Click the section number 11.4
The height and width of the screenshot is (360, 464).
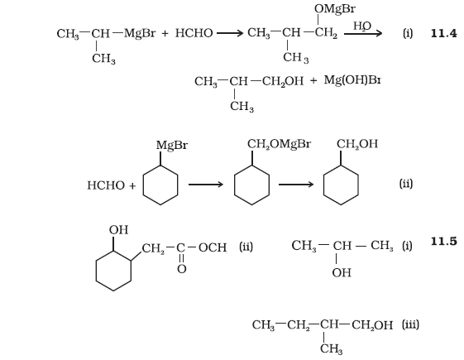click(x=444, y=33)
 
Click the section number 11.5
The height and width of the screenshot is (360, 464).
click(x=444, y=242)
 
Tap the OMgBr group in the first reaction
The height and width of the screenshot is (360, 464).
click(x=335, y=9)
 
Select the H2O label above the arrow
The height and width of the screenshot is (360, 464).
click(x=362, y=26)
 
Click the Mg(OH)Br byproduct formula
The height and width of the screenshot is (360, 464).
click(x=352, y=80)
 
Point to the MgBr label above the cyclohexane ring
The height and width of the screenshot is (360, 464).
click(x=172, y=146)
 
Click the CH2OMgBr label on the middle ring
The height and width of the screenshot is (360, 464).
click(x=279, y=144)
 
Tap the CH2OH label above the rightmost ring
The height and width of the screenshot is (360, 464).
click(x=357, y=144)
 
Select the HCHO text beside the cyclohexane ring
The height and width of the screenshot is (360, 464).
click(x=106, y=185)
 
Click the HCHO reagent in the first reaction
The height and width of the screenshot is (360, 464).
click(x=194, y=33)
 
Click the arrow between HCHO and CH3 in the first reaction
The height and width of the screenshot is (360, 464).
click(x=230, y=33)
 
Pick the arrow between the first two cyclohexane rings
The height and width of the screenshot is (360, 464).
click(x=206, y=185)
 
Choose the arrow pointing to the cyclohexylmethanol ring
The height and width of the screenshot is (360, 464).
click(x=296, y=185)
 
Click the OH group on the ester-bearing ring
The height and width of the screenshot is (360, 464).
click(x=118, y=230)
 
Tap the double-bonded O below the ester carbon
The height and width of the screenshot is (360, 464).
click(x=182, y=269)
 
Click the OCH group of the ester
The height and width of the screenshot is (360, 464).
click(x=213, y=247)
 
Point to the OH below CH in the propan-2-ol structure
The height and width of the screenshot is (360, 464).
click(x=342, y=272)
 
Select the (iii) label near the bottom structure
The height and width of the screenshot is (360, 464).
click(x=410, y=324)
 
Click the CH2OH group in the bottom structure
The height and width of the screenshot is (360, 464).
click(x=372, y=325)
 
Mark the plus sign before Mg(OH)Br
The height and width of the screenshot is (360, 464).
click(x=313, y=80)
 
